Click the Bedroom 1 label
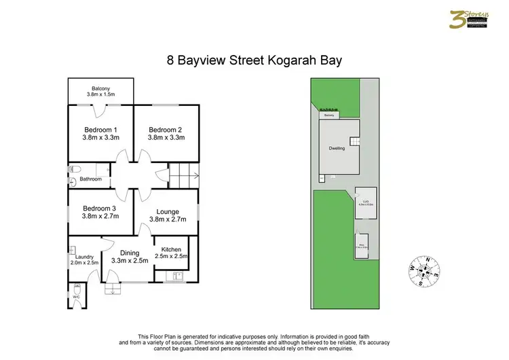click(x=100, y=130)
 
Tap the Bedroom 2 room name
click(x=166, y=130)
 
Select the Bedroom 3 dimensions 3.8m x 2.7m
click(x=100, y=217)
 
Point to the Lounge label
click(x=168, y=211)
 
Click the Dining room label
click(x=130, y=253)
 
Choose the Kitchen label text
click(x=170, y=249)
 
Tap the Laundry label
click(x=85, y=256)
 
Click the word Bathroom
click(x=90, y=179)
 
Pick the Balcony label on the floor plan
click(x=101, y=88)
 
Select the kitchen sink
click(x=177, y=276)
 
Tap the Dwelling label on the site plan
click(x=337, y=147)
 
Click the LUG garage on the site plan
click(x=365, y=202)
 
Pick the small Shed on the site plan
click(x=363, y=247)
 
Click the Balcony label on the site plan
click(x=329, y=115)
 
